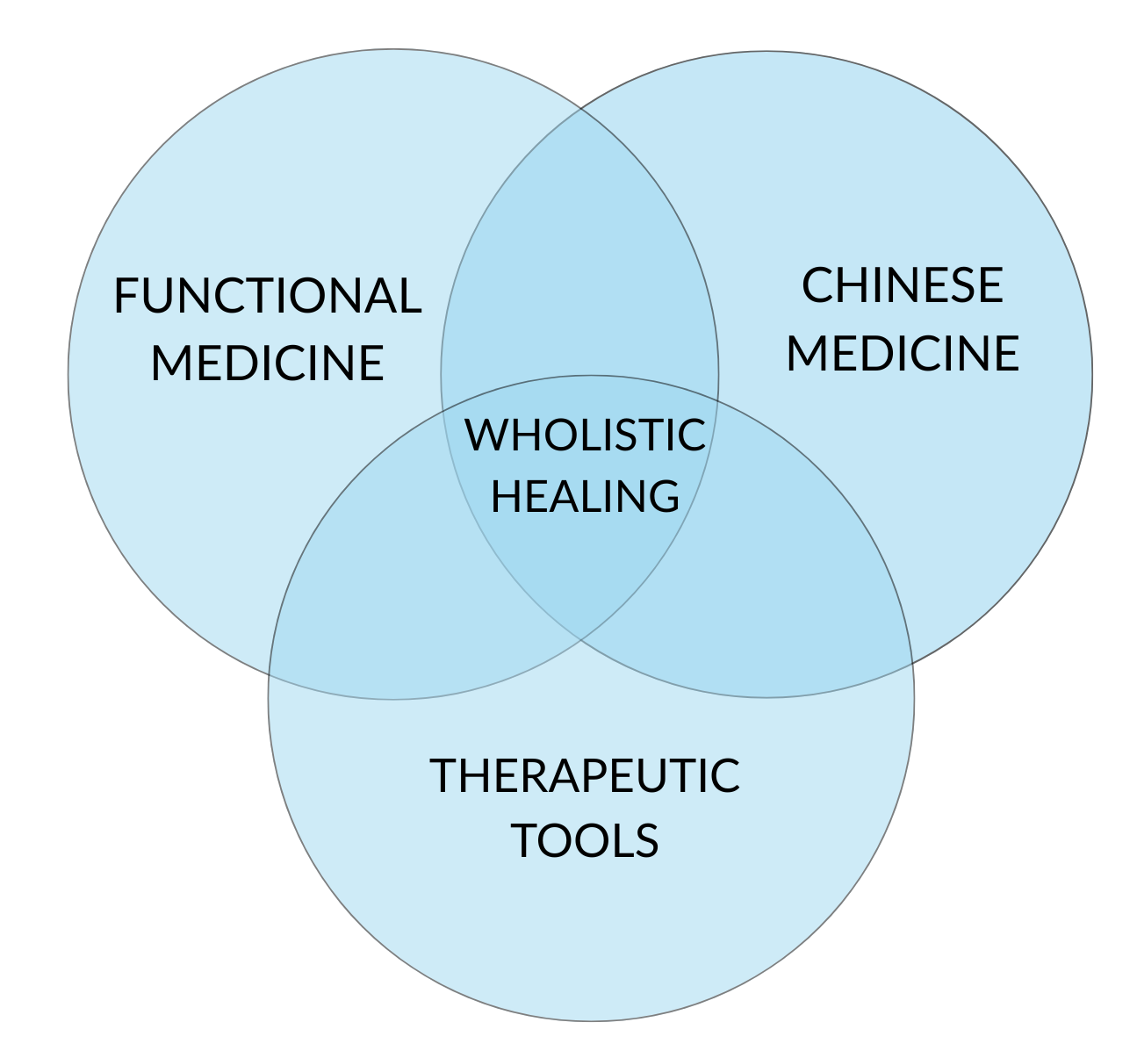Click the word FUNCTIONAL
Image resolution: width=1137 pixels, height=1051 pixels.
click(x=267, y=296)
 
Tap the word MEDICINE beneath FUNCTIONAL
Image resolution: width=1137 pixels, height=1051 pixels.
click(x=267, y=363)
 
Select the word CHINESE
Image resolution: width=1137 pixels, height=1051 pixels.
click(x=902, y=285)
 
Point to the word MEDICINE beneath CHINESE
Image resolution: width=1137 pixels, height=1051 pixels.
click(x=902, y=353)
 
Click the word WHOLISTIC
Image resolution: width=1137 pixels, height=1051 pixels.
click(x=585, y=436)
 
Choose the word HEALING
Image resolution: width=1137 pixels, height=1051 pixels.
click(x=585, y=496)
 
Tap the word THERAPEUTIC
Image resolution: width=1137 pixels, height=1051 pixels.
click(x=585, y=775)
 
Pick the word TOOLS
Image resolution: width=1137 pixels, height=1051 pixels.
click(x=585, y=840)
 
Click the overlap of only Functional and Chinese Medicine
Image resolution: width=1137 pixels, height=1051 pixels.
click(x=579, y=263)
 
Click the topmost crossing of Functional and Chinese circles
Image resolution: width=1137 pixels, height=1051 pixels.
click(x=580, y=110)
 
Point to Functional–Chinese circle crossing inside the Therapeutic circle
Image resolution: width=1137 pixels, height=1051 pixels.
click(x=580, y=640)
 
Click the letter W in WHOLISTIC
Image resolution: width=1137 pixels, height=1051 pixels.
click(x=485, y=436)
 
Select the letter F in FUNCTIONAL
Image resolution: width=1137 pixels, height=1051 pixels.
click(x=126, y=296)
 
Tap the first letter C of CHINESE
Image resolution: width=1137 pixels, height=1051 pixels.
click(x=817, y=285)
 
